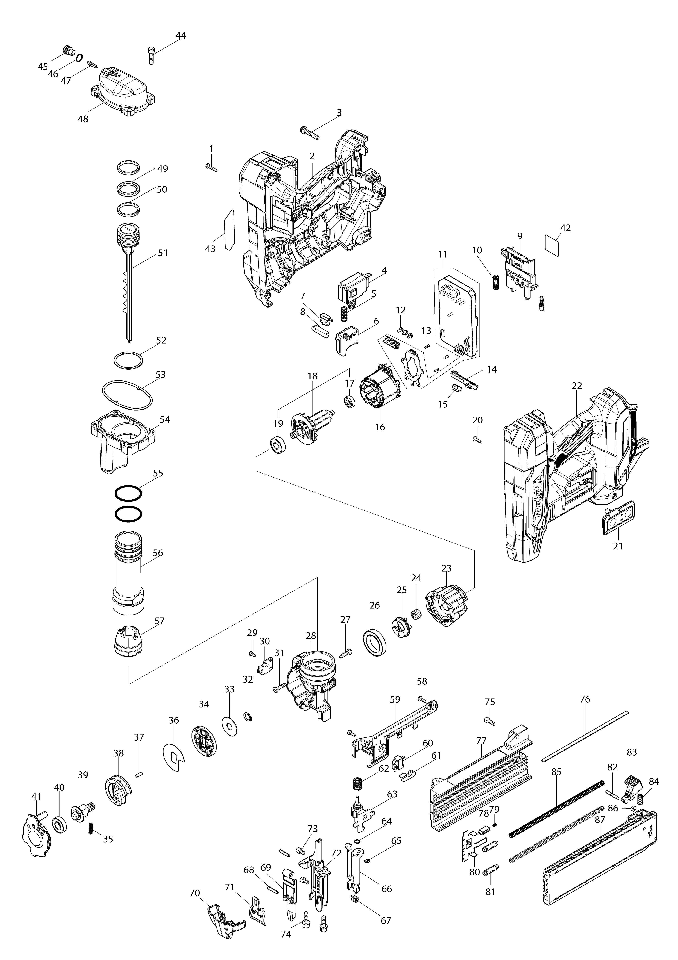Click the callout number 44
click(x=181, y=36)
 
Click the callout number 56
click(x=158, y=553)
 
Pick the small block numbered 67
click(x=356, y=899)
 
